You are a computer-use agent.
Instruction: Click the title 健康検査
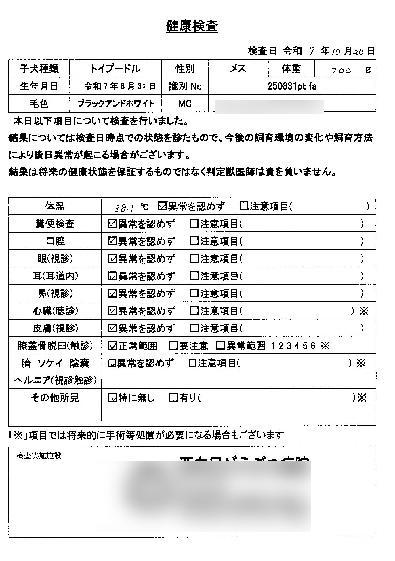tap(192, 26)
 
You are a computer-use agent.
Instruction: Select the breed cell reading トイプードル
tap(115, 69)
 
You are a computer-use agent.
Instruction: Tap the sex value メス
tap(238, 69)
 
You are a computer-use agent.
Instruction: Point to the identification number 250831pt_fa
tap(292, 86)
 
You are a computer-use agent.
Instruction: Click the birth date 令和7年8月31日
tap(120, 86)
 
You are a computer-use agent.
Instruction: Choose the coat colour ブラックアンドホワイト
tap(116, 103)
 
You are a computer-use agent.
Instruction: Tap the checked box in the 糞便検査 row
tap(112, 224)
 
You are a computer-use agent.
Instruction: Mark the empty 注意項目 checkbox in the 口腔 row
tap(194, 241)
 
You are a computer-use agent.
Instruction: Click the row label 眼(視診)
tap(55, 259)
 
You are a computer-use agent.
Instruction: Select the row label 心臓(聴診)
tap(55, 311)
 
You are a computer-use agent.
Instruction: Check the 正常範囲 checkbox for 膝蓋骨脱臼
tap(112, 346)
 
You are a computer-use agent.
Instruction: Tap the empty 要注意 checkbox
tap(173, 346)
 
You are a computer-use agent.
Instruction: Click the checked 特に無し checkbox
tap(112, 398)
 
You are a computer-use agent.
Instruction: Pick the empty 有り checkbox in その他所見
tap(173, 398)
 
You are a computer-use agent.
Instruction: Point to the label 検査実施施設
tap(39, 456)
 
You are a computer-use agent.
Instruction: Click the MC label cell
tap(185, 103)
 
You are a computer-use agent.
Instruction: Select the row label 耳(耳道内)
tap(55, 276)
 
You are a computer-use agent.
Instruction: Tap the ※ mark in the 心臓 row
tap(364, 311)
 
